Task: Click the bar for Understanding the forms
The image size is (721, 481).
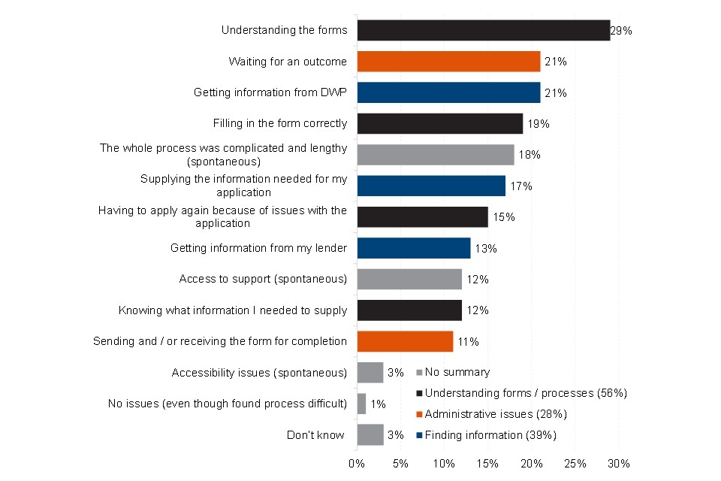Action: tap(483, 30)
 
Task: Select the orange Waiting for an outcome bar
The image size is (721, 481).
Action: tap(448, 61)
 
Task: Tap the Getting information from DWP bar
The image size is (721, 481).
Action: tap(448, 92)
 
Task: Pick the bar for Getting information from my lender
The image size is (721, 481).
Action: tap(413, 248)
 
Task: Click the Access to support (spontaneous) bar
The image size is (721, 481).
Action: tap(409, 279)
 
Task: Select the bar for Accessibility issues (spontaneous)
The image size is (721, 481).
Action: tap(370, 372)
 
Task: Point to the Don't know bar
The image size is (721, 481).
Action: tap(370, 434)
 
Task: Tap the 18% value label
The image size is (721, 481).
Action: tap(529, 155)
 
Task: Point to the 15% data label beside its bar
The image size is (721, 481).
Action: tap(503, 217)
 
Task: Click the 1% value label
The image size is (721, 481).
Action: tap(378, 404)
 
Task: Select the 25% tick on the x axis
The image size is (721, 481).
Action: tap(575, 463)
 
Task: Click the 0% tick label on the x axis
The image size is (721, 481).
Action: tap(357, 463)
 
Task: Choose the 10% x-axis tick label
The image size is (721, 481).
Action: tap(444, 463)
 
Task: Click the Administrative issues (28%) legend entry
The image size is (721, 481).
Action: tap(495, 414)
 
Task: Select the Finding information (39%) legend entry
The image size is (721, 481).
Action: tap(490, 435)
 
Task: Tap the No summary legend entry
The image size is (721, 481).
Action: tap(457, 372)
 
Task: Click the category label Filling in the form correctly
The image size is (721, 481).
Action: tap(280, 123)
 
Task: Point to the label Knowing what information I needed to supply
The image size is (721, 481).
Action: tap(233, 310)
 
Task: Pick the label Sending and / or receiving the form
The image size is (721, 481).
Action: tap(220, 341)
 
